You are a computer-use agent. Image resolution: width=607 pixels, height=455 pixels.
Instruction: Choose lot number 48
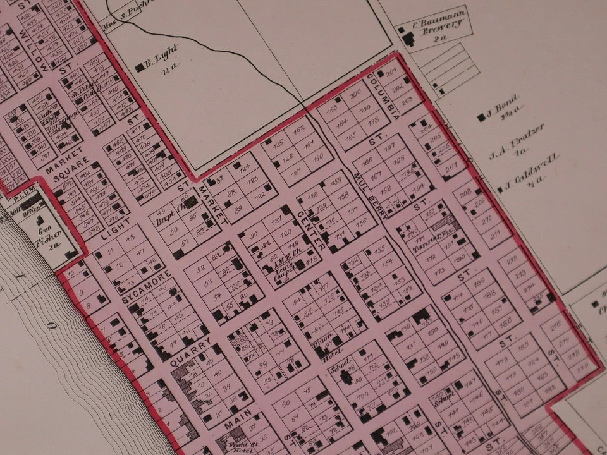[131, 238]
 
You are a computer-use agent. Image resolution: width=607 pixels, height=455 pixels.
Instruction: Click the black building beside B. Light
[140, 67]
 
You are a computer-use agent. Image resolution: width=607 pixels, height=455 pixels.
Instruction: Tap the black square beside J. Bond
[482, 117]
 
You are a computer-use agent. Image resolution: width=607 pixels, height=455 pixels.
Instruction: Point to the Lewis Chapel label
[283, 273]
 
